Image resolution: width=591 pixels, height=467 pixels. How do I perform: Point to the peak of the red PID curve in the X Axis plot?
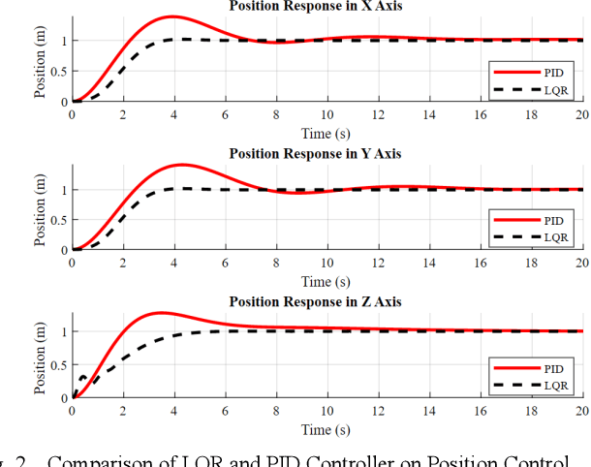point(172,16)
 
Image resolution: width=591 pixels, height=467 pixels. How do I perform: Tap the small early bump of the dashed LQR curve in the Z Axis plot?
point(83,376)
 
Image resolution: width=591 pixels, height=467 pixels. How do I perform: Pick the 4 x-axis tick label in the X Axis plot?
point(174,115)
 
